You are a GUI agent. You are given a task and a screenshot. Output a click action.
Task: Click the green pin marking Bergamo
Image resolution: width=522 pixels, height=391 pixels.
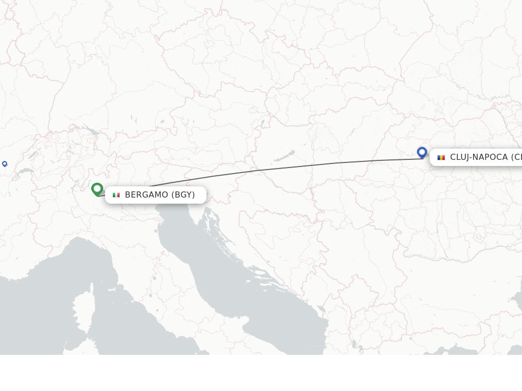coord(97,189)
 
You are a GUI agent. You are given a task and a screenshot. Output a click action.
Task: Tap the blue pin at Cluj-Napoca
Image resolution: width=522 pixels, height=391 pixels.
coord(422,152)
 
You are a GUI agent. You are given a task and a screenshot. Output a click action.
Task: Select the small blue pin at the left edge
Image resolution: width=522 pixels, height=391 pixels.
coord(5,163)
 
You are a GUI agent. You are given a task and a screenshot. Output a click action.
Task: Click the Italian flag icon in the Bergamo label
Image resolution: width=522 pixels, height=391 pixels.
coord(116,195)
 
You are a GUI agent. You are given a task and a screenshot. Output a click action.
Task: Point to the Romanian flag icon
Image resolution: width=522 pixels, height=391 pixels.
coord(441,157)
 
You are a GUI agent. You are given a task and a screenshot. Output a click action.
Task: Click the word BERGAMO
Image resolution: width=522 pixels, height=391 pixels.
coord(146,195)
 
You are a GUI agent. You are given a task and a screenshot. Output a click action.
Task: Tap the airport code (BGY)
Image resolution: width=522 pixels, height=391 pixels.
coord(183,195)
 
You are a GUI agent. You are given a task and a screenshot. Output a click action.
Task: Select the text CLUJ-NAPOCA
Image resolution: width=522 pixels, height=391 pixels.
coord(479,157)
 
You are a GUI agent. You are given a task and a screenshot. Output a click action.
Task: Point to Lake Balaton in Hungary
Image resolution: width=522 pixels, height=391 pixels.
coord(285,155)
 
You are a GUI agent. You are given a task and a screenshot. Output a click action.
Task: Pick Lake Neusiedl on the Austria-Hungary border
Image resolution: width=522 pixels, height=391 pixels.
coord(263,124)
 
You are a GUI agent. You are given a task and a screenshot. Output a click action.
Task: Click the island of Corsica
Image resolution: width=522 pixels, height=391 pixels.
coord(82,310)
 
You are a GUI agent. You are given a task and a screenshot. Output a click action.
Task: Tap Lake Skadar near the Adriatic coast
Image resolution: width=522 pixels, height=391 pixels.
coord(321,309)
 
